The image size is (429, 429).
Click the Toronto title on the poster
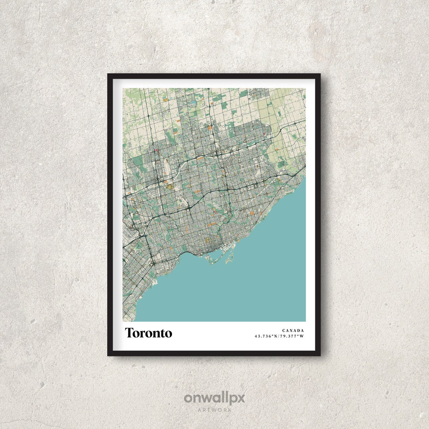pyautogui.click(x=149, y=333)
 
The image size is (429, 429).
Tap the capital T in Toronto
pyautogui.click(x=129, y=333)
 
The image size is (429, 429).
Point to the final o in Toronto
pyautogui.click(x=169, y=334)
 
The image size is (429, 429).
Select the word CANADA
pyautogui.click(x=293, y=330)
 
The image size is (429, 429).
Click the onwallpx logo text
pyautogui.click(x=214, y=398)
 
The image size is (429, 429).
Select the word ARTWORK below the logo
pyautogui.click(x=214, y=410)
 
